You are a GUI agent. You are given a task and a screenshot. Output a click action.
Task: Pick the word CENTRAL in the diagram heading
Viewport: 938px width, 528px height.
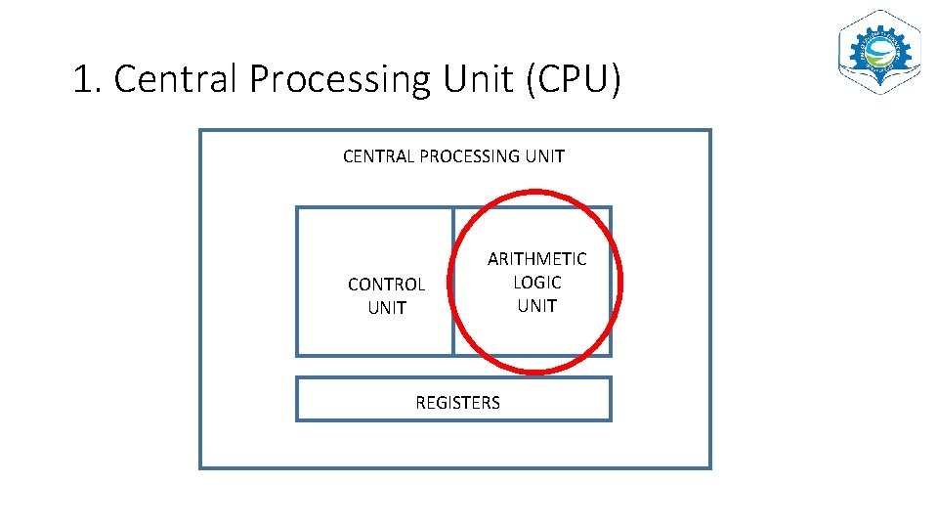(378, 156)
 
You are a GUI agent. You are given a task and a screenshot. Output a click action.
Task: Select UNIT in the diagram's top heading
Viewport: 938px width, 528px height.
(545, 156)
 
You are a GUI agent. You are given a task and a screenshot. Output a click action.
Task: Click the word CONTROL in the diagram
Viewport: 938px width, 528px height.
(386, 285)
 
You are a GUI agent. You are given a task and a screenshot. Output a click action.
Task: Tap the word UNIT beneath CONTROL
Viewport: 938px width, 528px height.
(386, 308)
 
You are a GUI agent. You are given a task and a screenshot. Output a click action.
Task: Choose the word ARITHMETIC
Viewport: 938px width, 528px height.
(536, 259)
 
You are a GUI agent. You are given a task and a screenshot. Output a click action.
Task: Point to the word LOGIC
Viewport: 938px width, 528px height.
(536, 283)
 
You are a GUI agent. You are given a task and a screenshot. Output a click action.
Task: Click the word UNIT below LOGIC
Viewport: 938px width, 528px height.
(536, 306)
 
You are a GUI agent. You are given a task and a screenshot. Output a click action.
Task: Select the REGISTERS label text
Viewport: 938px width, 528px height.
(457, 403)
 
